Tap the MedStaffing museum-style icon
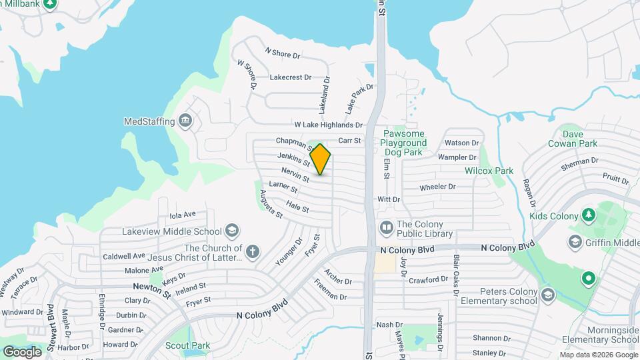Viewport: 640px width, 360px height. click(185, 121)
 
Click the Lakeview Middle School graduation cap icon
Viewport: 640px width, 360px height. click(231, 231)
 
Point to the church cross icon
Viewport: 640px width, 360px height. click(251, 252)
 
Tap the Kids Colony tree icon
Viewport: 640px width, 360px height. click(587, 214)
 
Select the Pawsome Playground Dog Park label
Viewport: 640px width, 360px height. click(404, 143)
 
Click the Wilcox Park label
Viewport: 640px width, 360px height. click(489, 171)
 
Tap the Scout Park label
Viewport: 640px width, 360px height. click(188, 345)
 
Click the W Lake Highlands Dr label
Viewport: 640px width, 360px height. click(329, 125)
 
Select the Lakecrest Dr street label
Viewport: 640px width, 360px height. click(291, 77)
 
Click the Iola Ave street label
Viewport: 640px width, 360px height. click(183, 215)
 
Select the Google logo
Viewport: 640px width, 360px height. click(23, 351)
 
